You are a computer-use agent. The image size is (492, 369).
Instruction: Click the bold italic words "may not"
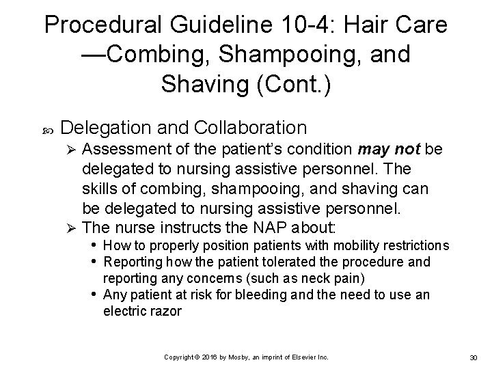tap(390, 149)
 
